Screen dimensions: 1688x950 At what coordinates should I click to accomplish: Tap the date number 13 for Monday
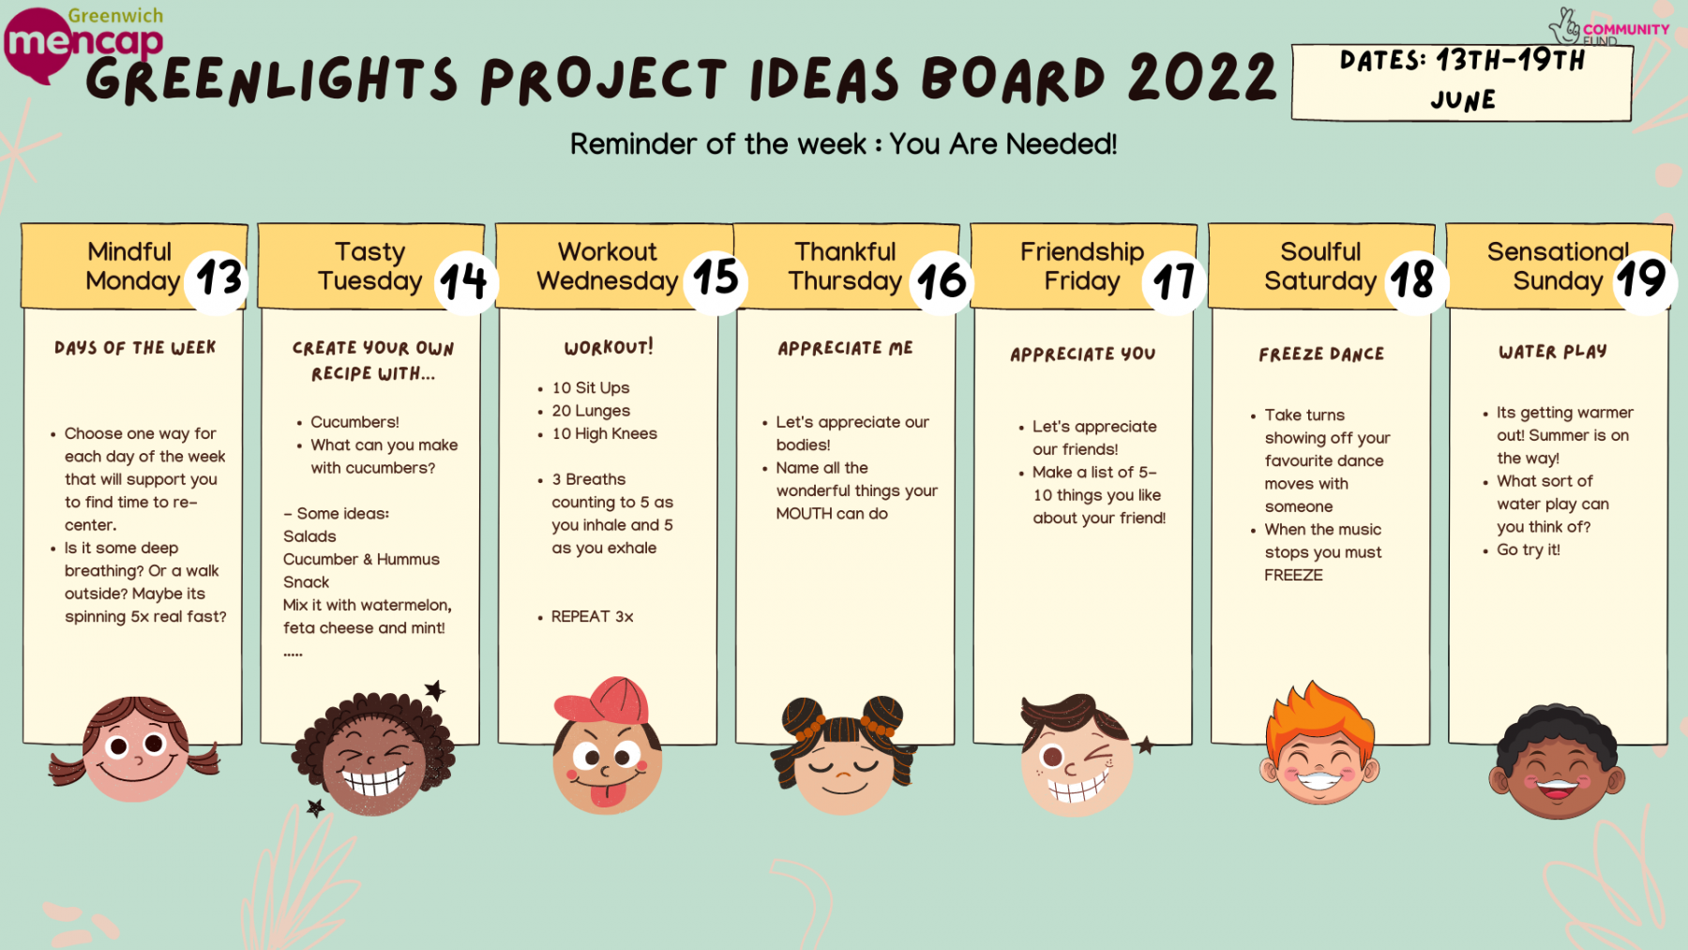coord(219,279)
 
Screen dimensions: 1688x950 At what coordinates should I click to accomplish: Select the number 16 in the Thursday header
coord(942,281)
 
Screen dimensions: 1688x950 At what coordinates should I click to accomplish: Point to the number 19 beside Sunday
coord(1641,279)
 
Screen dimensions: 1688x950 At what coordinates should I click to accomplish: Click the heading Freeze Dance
coord(1321,354)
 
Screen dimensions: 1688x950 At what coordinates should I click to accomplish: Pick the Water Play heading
coord(1552,352)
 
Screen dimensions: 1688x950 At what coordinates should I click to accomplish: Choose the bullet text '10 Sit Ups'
coord(590,387)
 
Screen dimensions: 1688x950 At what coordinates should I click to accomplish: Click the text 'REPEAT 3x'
coord(592,616)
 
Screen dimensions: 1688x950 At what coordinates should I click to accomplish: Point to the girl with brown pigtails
coord(135,748)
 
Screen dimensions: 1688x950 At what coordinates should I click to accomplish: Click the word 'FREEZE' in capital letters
coord(1293,575)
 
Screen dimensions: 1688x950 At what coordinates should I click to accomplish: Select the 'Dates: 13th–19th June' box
coord(1461,82)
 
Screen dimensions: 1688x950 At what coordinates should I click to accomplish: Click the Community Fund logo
coord(1608,27)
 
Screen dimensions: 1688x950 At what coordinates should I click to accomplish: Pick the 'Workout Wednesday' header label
coord(607,266)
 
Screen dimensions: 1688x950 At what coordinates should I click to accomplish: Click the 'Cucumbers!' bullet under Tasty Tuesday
coord(354,422)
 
